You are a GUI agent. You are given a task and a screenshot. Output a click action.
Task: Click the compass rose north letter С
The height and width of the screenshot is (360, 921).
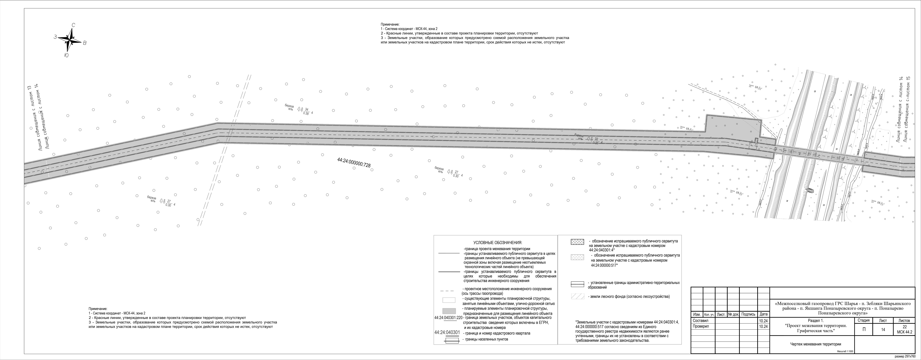(73, 25)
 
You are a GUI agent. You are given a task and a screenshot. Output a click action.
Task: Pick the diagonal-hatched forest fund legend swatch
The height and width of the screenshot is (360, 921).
(577, 296)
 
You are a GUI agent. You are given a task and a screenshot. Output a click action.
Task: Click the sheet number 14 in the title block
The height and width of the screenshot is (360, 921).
(883, 330)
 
